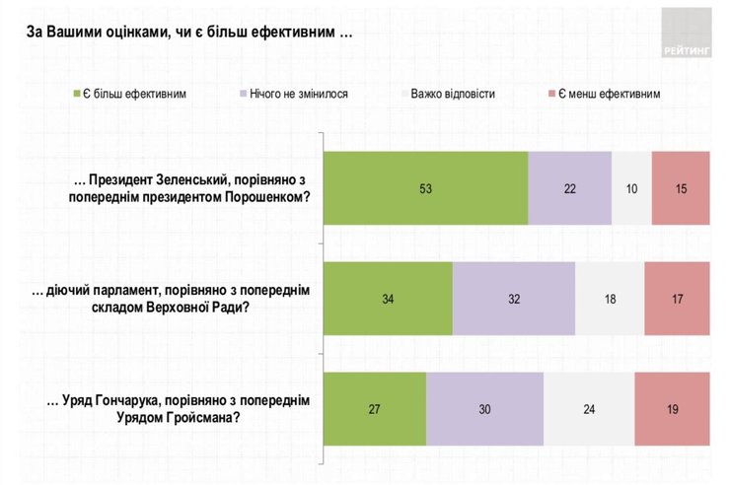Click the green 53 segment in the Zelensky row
(426, 188)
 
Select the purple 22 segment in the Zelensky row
(569, 188)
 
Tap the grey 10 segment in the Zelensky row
(631, 188)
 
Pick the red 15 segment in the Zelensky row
(681, 188)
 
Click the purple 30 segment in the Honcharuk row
(484, 407)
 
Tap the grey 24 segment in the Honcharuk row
(588, 407)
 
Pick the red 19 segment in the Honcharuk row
(673, 407)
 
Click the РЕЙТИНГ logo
(685, 30)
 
